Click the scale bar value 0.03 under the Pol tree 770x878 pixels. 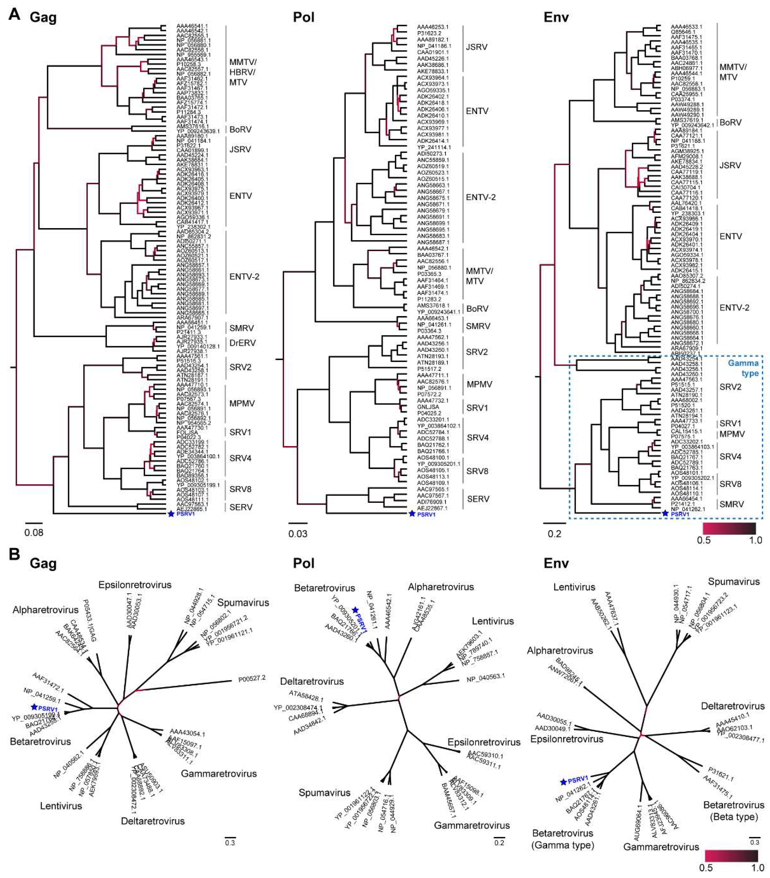(297, 534)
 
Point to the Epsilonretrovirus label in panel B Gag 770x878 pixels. (135, 585)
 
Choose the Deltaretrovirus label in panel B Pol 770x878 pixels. (312, 681)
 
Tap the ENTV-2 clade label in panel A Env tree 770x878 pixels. (734, 308)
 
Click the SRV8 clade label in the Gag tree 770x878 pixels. (240, 489)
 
